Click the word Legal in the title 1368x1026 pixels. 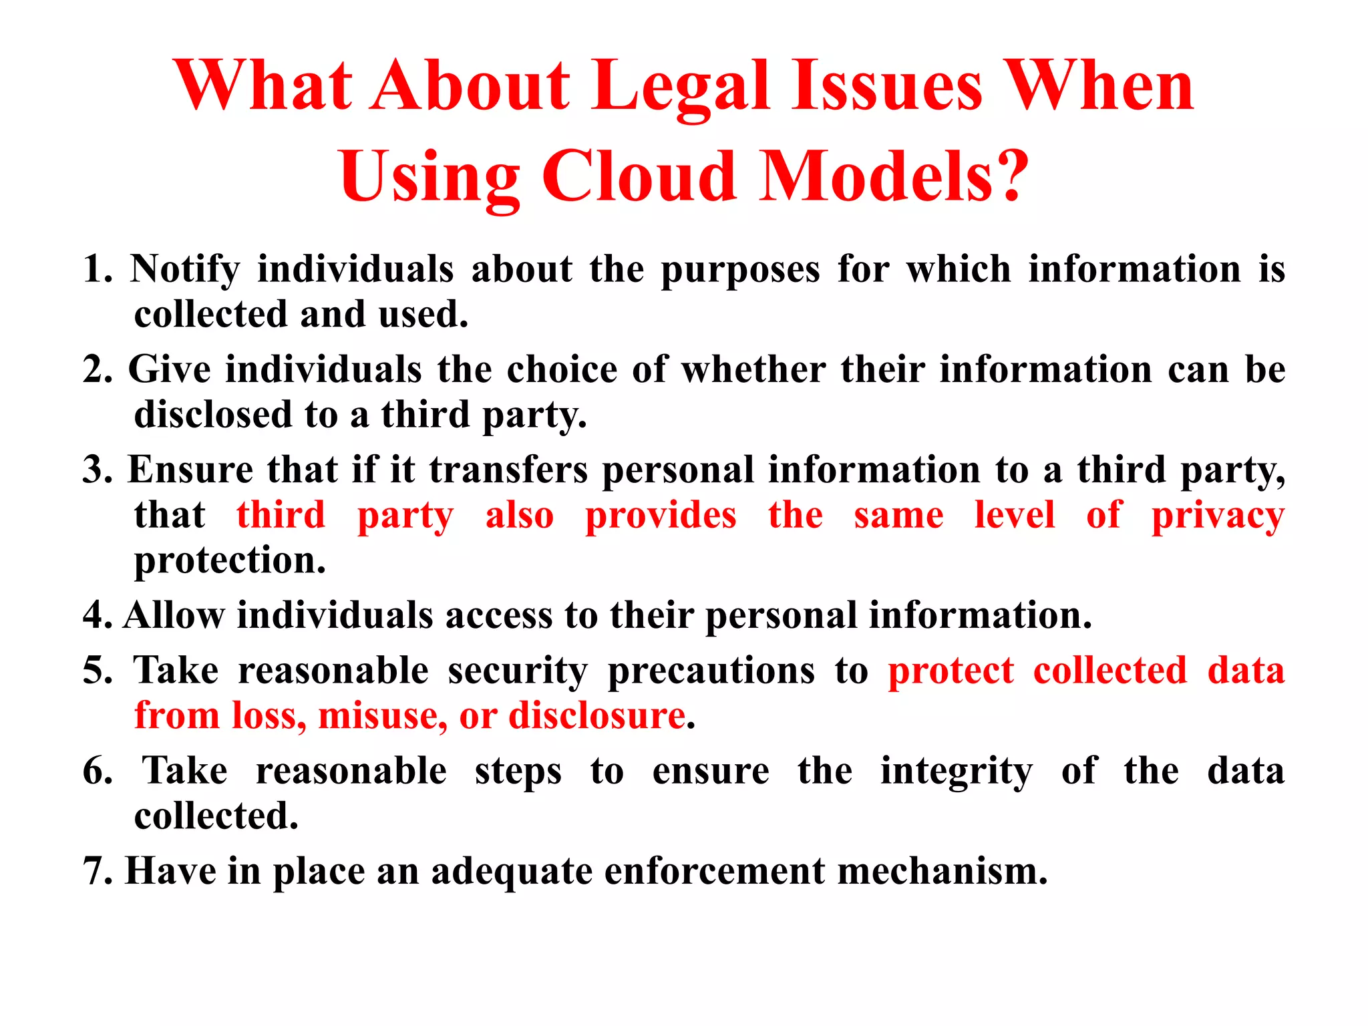681,87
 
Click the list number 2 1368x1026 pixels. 98,369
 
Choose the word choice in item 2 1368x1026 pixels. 562,369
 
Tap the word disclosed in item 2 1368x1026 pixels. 213,415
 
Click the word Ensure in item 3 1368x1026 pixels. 190,470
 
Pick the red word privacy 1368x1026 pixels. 1218,516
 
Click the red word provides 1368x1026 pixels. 661,515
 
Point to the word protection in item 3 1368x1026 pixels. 230,560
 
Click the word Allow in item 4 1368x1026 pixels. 174,615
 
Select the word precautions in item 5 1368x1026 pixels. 711,671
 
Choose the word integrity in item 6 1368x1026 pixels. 956,772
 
